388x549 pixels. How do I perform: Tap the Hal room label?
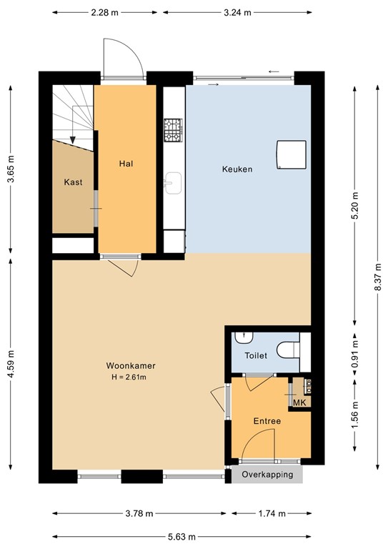(x=126, y=164)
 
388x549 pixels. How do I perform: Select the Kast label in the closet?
(x=73, y=182)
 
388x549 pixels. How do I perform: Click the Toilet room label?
(x=255, y=355)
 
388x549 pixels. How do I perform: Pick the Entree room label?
(x=267, y=421)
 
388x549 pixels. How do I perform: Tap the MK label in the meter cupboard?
(x=300, y=403)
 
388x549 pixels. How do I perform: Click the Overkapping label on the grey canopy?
(x=267, y=475)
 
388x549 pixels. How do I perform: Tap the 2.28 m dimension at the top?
(x=105, y=12)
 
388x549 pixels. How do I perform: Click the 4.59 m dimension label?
(x=10, y=365)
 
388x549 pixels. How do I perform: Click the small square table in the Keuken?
(x=291, y=154)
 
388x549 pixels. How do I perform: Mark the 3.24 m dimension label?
(x=237, y=12)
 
